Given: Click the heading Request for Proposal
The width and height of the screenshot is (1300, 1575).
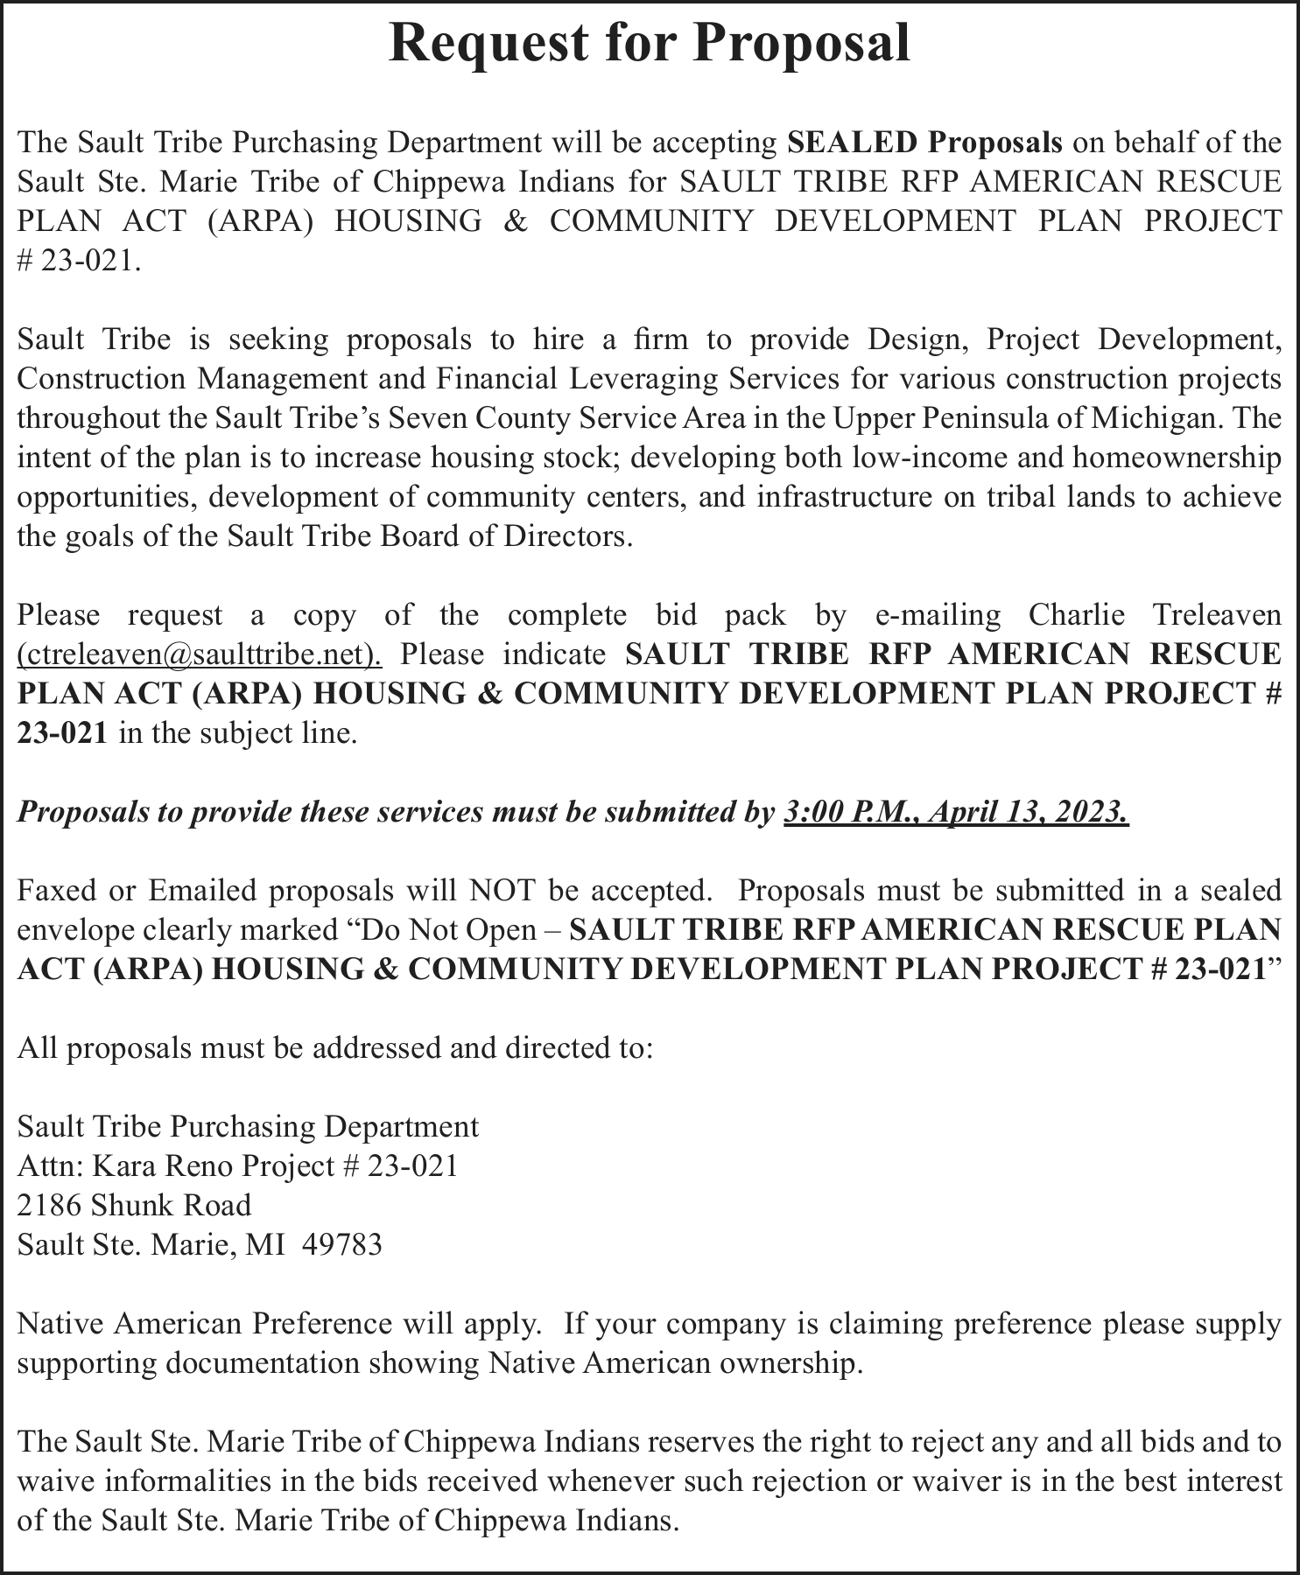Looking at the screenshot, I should [649, 43].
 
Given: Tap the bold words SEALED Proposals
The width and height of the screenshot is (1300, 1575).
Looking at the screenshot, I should [924, 142].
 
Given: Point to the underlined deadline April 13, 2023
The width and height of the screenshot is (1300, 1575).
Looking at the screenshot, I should [1028, 812].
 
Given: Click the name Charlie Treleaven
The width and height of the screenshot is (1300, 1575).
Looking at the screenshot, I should [1155, 615].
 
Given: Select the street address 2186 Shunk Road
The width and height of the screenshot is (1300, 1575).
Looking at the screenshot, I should [134, 1205].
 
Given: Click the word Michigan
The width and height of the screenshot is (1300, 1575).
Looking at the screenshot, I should [1155, 418].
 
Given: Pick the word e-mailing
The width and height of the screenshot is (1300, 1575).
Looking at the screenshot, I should [938, 615].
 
